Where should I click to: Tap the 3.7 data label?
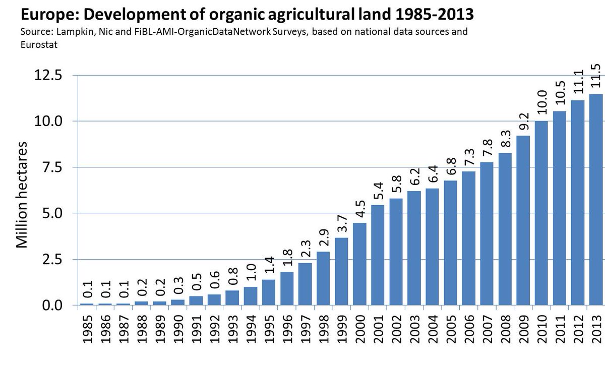342,222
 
